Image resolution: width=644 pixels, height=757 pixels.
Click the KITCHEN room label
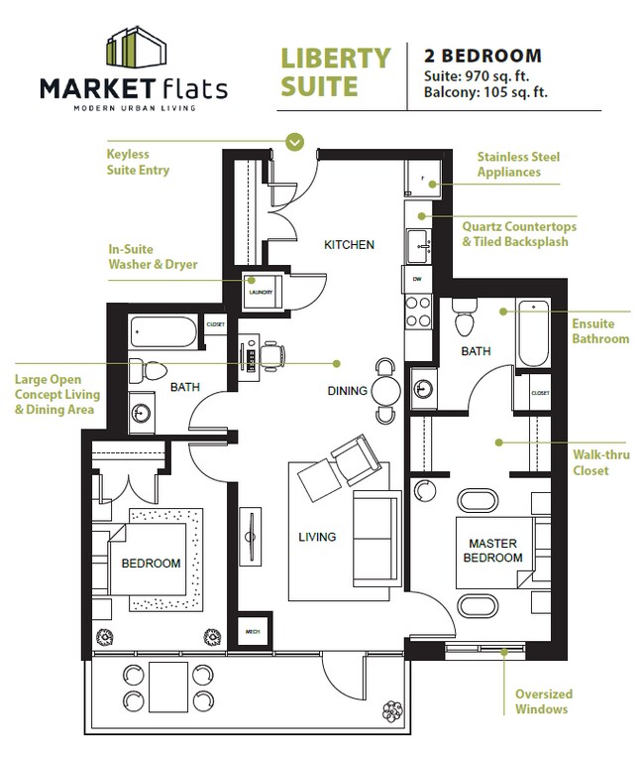tap(350, 244)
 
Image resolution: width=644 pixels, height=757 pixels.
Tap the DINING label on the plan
tap(348, 391)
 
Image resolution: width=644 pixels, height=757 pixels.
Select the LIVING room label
tap(317, 537)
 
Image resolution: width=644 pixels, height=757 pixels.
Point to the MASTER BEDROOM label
tap(495, 551)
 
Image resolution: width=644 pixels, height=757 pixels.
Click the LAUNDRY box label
tap(261, 293)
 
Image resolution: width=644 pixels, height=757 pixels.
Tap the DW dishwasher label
tap(416, 280)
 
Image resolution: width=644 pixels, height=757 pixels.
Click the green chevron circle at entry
tap(294, 142)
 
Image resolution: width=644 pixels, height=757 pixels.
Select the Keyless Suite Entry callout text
tap(138, 162)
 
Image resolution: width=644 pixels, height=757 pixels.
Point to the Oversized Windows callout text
tap(543, 701)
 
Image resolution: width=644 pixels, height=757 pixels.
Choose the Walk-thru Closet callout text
tap(590, 462)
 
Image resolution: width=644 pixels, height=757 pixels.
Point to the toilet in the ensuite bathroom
tap(464, 318)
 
